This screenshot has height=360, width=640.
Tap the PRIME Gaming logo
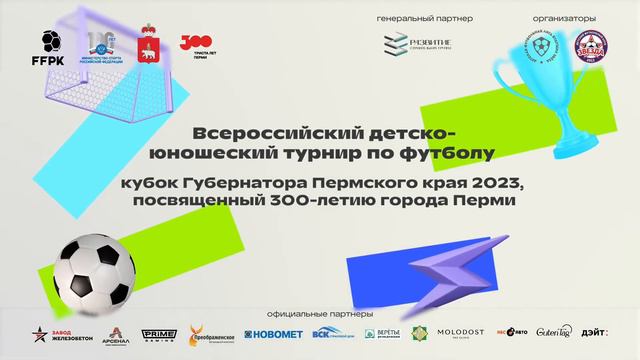(161, 334)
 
